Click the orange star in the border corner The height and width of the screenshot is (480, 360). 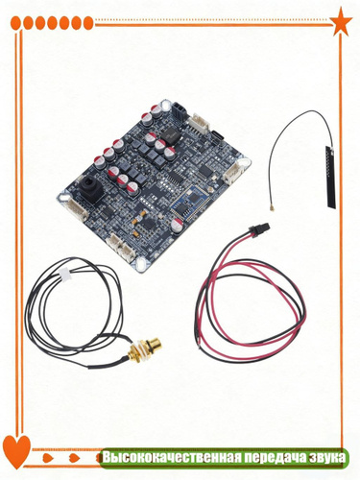341,22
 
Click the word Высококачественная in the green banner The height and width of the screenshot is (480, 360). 171,457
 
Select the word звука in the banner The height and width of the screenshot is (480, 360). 327,458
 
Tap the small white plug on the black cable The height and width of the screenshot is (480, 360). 65,275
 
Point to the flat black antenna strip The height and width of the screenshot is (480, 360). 330,177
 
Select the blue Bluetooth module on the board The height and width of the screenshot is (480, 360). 185,204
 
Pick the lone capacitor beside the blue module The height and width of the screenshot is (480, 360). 177,225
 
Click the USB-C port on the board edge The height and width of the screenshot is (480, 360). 218,136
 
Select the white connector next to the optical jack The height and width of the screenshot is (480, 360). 75,208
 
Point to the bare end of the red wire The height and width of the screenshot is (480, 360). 200,347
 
